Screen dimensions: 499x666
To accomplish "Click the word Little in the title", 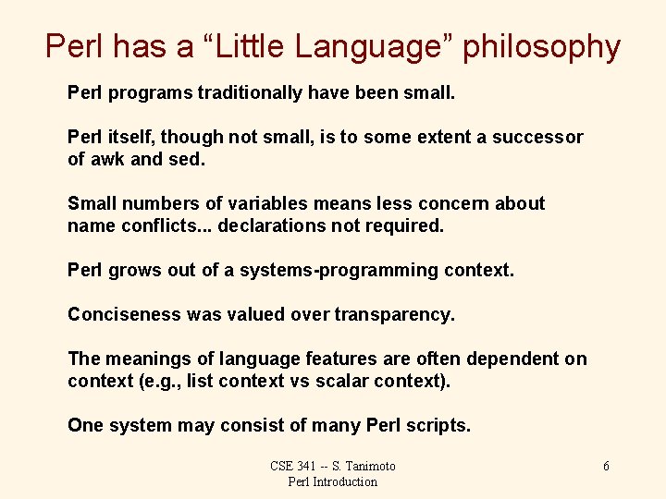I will pyautogui.click(x=230, y=46).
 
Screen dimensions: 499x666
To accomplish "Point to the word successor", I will pyautogui.click(x=537, y=138).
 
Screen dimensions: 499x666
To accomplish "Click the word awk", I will pyautogui.click(x=108, y=159).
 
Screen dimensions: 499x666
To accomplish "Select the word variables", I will pyautogui.click(x=265, y=203).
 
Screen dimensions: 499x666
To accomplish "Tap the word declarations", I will pyautogui.click(x=273, y=225).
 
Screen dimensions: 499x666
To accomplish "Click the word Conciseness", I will pyautogui.click(x=124, y=314).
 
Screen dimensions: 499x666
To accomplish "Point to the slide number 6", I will pyautogui.click(x=606, y=466).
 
